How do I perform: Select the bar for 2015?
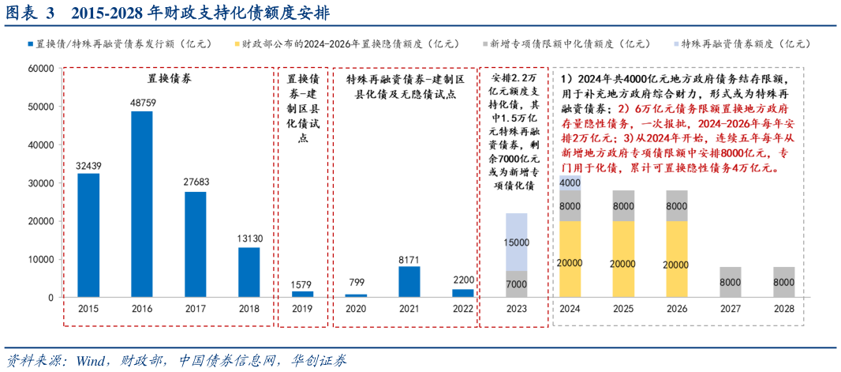point(88,235)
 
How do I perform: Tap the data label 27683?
point(195,182)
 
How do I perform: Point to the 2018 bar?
point(249,272)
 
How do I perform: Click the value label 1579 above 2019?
point(302,284)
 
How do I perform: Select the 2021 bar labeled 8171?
point(409,281)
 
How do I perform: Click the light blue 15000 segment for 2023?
point(517,242)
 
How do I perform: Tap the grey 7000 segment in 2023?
point(517,284)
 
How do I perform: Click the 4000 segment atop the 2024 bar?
point(570,182)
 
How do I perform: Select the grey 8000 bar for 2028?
point(783,282)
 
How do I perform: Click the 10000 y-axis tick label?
point(41,259)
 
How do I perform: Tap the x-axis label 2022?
point(463,309)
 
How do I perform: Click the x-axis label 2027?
point(731,309)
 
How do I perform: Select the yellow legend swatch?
point(236,44)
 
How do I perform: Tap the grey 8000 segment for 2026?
point(677,205)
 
